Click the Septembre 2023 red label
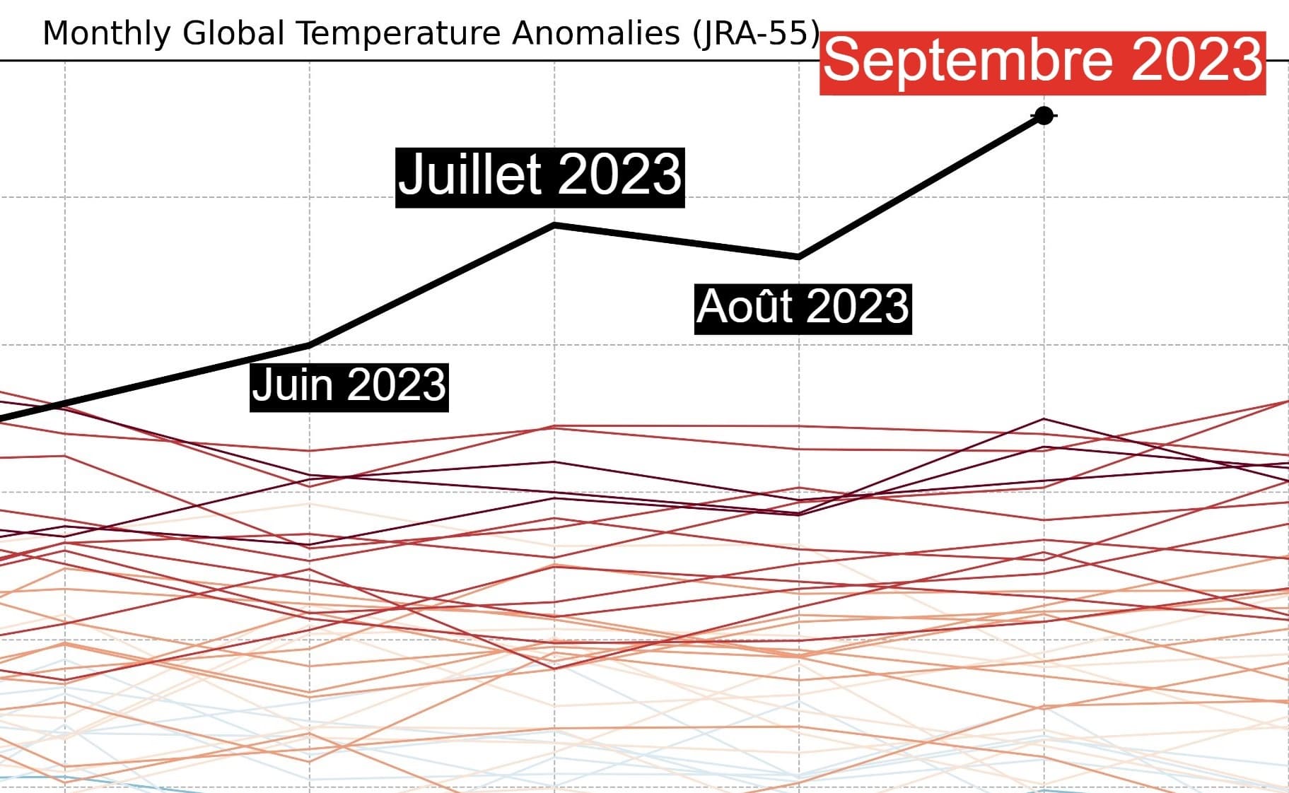pos(1042,62)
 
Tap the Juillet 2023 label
pos(539,177)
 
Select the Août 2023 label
pos(803,308)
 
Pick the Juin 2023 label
pos(349,386)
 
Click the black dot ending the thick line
pos(1044,115)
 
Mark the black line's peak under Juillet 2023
pos(555,225)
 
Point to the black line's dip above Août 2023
pos(799,256)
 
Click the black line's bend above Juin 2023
pos(310,345)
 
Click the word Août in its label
pos(745,308)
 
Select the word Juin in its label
pos(292,386)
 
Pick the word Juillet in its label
pos(470,177)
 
